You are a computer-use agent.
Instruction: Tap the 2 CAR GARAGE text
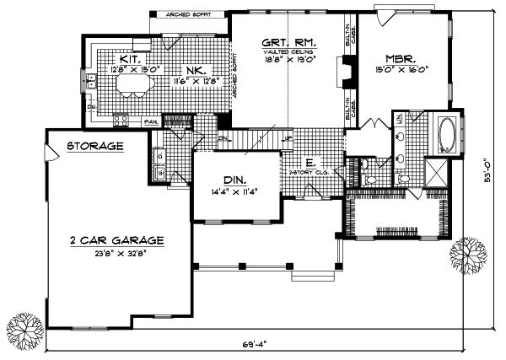(x=117, y=240)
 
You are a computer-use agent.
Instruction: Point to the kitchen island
(x=137, y=83)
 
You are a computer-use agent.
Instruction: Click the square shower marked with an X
(x=440, y=172)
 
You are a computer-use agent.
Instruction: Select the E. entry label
(x=310, y=163)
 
